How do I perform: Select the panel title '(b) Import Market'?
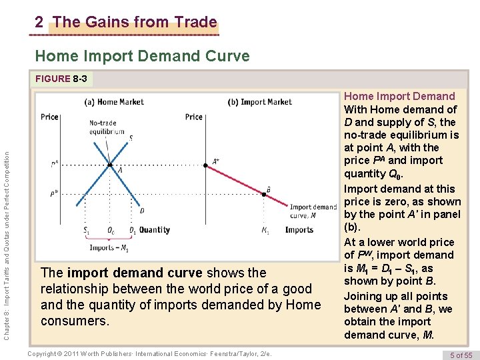[260, 102]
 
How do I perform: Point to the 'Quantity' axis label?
[155, 230]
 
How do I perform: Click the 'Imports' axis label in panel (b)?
[299, 230]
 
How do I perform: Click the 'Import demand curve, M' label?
[313, 211]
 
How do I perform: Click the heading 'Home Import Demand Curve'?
[142, 56]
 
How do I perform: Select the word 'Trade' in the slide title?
[192, 22]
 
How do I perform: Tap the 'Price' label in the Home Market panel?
[49, 117]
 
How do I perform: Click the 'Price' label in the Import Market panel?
[194, 117]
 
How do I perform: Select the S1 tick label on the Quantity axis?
[87, 231]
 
